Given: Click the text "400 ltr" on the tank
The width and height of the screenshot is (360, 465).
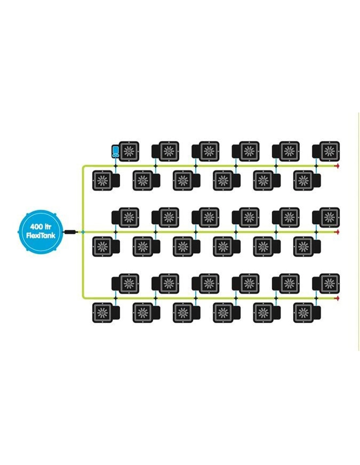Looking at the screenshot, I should click(41, 226).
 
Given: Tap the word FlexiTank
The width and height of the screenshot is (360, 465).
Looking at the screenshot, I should click(41, 235).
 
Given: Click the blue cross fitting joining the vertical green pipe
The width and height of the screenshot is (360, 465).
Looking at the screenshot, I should click(83, 232).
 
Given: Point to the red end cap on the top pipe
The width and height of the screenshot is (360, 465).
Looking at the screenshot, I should click(336, 166).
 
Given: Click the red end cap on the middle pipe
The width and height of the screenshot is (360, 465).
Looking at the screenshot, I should click(336, 232).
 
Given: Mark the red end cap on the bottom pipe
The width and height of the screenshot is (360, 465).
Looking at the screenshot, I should click(336, 298).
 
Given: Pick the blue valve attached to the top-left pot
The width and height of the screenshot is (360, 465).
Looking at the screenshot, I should click(115, 151).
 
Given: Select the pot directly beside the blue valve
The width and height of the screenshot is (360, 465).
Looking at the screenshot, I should click(129, 151).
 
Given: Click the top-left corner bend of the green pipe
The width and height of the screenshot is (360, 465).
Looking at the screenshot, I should click(84, 167).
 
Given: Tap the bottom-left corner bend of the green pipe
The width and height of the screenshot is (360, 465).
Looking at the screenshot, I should click(84, 297).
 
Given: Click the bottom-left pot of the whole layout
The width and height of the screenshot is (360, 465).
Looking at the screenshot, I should click(102, 313).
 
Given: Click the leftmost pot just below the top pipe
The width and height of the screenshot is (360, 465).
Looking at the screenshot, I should click(102, 180).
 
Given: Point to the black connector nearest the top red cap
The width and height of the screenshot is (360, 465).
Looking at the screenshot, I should click(316, 166).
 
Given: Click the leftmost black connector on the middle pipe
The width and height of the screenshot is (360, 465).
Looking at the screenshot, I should click(115, 232).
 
